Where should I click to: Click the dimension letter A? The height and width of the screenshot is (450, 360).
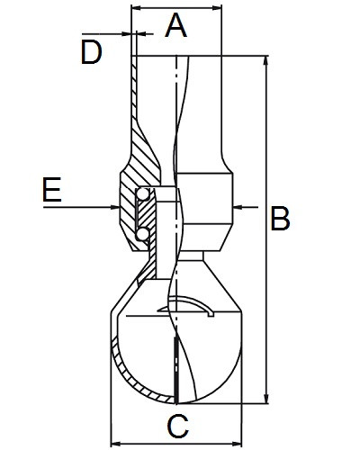[176, 26]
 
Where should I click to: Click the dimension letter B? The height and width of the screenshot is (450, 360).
[280, 218]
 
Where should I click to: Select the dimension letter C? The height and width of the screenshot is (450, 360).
[178, 426]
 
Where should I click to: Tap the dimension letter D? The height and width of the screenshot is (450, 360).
[91, 53]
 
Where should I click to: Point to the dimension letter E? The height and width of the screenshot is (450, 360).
[52, 190]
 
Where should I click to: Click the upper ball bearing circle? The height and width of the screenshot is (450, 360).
[143, 194]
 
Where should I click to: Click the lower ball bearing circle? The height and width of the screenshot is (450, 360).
[142, 234]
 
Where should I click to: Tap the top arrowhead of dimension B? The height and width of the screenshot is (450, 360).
[265, 61]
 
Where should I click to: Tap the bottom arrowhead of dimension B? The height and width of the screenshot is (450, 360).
[265, 399]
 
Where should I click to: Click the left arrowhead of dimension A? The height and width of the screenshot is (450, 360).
[137, 8]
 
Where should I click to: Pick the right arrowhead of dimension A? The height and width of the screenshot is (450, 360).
[217, 8]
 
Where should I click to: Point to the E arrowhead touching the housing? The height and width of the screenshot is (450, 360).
[115, 207]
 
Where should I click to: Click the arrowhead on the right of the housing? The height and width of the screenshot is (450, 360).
[238, 207]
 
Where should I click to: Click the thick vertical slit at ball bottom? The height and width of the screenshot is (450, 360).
[176, 370]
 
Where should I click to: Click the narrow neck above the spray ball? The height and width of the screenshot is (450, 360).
[190, 256]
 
